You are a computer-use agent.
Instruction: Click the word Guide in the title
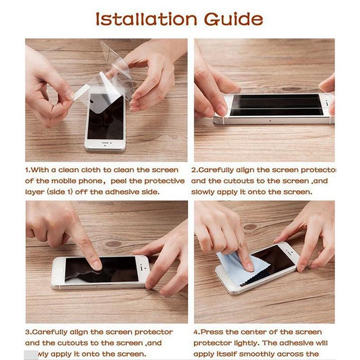point(233,19)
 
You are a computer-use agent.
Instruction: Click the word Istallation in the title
point(147,19)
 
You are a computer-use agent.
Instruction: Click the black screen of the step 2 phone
point(277,105)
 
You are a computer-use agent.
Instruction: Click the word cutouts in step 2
point(240,181)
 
